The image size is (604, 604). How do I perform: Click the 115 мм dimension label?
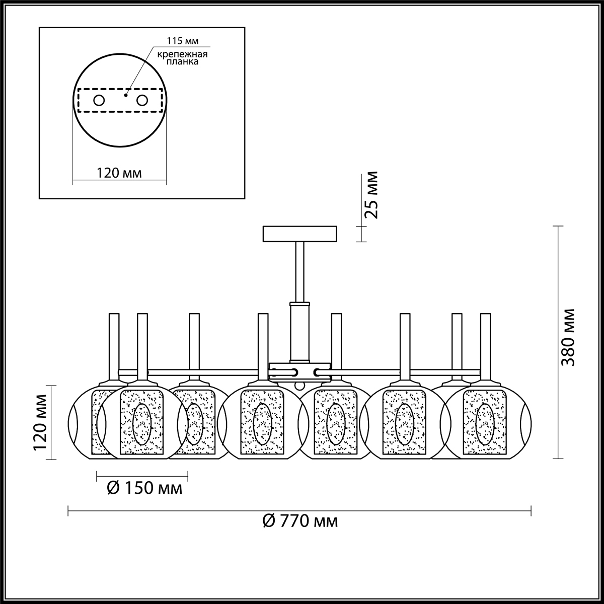182,41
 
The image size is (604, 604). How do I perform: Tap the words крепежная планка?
182,58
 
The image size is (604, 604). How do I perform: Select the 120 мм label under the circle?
119,173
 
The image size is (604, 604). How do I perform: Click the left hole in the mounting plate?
99,101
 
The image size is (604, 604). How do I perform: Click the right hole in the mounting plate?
142,101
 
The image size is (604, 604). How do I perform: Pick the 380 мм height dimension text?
568,338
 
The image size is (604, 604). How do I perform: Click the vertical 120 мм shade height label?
40,422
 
